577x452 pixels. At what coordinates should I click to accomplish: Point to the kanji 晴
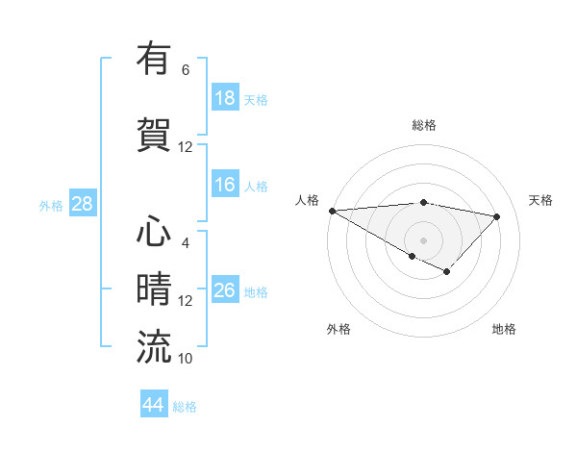point(154,289)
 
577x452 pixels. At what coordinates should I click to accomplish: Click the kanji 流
point(154,346)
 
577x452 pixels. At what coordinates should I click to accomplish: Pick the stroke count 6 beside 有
point(185,70)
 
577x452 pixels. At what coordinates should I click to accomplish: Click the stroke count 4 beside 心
point(185,242)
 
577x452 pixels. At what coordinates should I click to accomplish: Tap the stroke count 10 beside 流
point(186,359)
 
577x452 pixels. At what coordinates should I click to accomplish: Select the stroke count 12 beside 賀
point(186,147)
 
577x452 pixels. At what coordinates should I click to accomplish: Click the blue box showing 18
point(225,98)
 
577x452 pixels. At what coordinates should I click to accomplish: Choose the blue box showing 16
point(225,185)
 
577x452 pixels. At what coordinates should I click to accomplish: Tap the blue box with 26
point(225,291)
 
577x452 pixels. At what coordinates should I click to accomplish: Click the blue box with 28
point(82,204)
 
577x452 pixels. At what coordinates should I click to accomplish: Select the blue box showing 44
point(153,406)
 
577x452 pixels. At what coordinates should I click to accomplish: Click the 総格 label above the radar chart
point(423,125)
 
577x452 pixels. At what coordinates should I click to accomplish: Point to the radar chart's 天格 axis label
point(541,200)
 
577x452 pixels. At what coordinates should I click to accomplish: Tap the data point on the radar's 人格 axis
point(332,210)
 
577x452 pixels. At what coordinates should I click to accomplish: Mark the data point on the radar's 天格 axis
point(497,216)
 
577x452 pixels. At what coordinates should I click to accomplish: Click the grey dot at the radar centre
point(423,239)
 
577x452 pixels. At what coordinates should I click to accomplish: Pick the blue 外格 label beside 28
point(50,205)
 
